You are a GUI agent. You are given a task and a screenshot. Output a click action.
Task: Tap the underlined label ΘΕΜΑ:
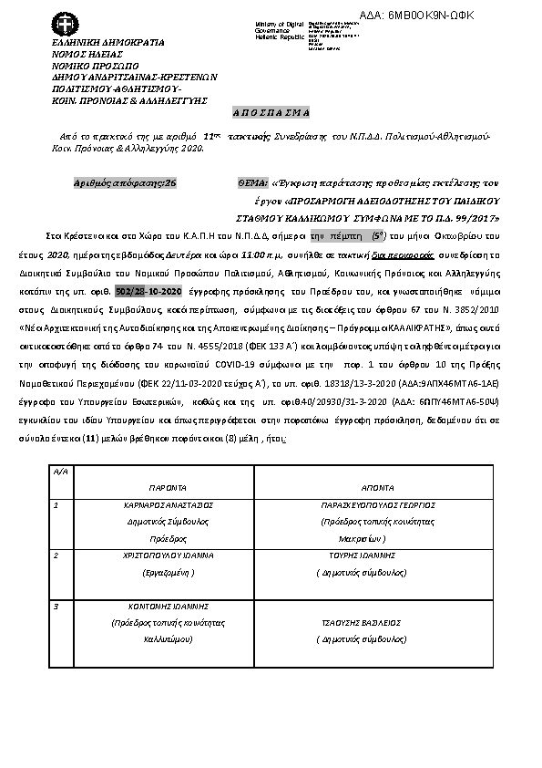point(253,183)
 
